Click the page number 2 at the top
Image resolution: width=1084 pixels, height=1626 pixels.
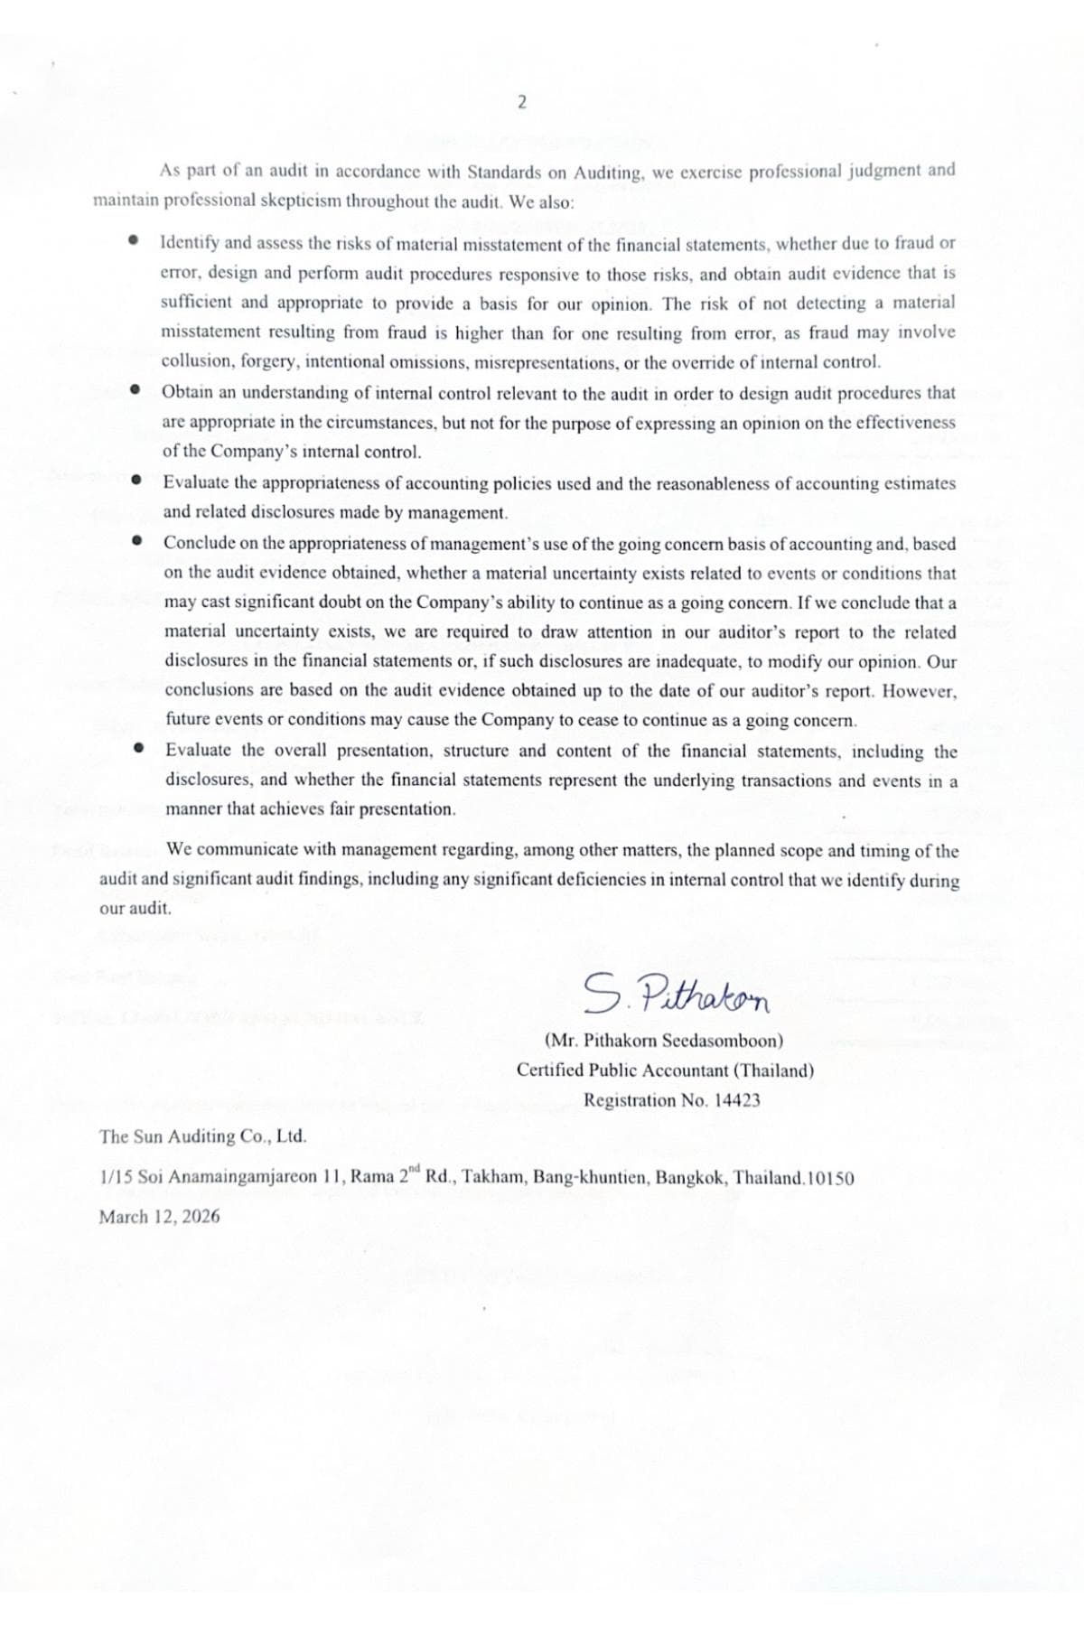click(x=521, y=102)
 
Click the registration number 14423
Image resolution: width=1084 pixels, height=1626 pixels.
click(x=737, y=1100)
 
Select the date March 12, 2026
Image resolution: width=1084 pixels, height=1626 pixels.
click(x=159, y=1216)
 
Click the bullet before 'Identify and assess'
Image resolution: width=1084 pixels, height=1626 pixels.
click(x=134, y=241)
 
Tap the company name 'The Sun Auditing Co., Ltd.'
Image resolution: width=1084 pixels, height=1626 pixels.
click(x=202, y=1136)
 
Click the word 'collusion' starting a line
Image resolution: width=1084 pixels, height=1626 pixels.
click(x=192, y=362)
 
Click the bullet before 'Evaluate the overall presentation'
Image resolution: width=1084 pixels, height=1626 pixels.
click(x=138, y=749)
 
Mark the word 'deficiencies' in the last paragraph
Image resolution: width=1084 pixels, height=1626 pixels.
click(x=603, y=879)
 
